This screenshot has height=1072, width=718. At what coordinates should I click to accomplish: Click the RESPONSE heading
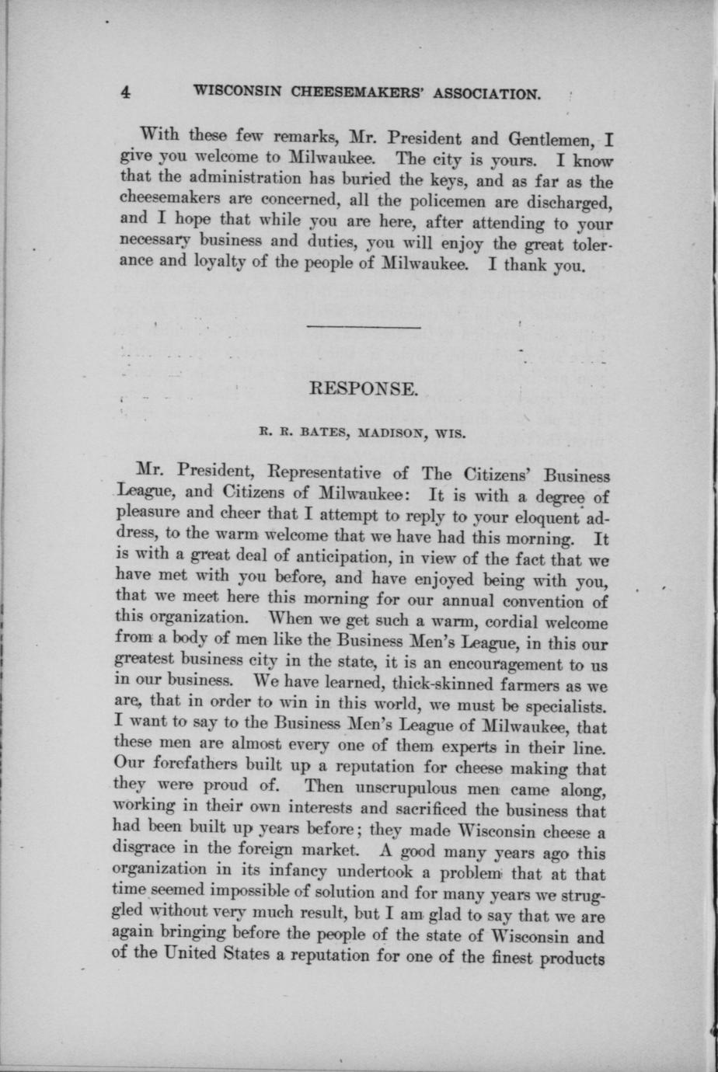click(364, 388)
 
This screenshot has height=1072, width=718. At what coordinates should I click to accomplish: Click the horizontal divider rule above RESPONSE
click(363, 326)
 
